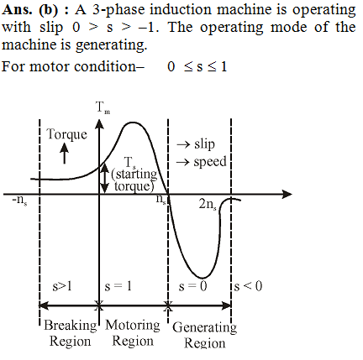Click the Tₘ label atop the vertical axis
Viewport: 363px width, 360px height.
click(103, 107)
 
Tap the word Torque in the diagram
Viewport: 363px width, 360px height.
click(66, 134)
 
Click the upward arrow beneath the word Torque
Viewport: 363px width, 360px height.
click(65, 153)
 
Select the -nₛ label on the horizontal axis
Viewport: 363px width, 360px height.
click(20, 201)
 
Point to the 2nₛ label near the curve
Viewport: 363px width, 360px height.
click(208, 205)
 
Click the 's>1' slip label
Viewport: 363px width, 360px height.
click(62, 286)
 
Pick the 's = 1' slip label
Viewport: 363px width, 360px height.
click(118, 286)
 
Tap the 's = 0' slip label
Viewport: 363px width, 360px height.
click(192, 286)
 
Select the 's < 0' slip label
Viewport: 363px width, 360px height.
click(248, 286)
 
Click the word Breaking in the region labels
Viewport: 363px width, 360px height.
click(71, 326)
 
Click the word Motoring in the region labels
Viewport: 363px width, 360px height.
click(133, 326)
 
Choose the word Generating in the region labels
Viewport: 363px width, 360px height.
click(204, 327)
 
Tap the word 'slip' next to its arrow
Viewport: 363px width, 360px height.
click(204, 143)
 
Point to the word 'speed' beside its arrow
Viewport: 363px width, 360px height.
click(210, 162)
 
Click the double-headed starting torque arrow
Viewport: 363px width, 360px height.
click(104, 178)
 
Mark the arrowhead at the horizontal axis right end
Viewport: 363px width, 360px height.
click(287, 194)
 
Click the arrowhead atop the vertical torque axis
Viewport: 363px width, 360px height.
click(99, 124)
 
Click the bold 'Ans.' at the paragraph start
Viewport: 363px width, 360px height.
click(17, 10)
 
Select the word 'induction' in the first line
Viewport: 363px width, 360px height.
click(181, 9)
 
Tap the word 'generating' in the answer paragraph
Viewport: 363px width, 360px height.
click(111, 45)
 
